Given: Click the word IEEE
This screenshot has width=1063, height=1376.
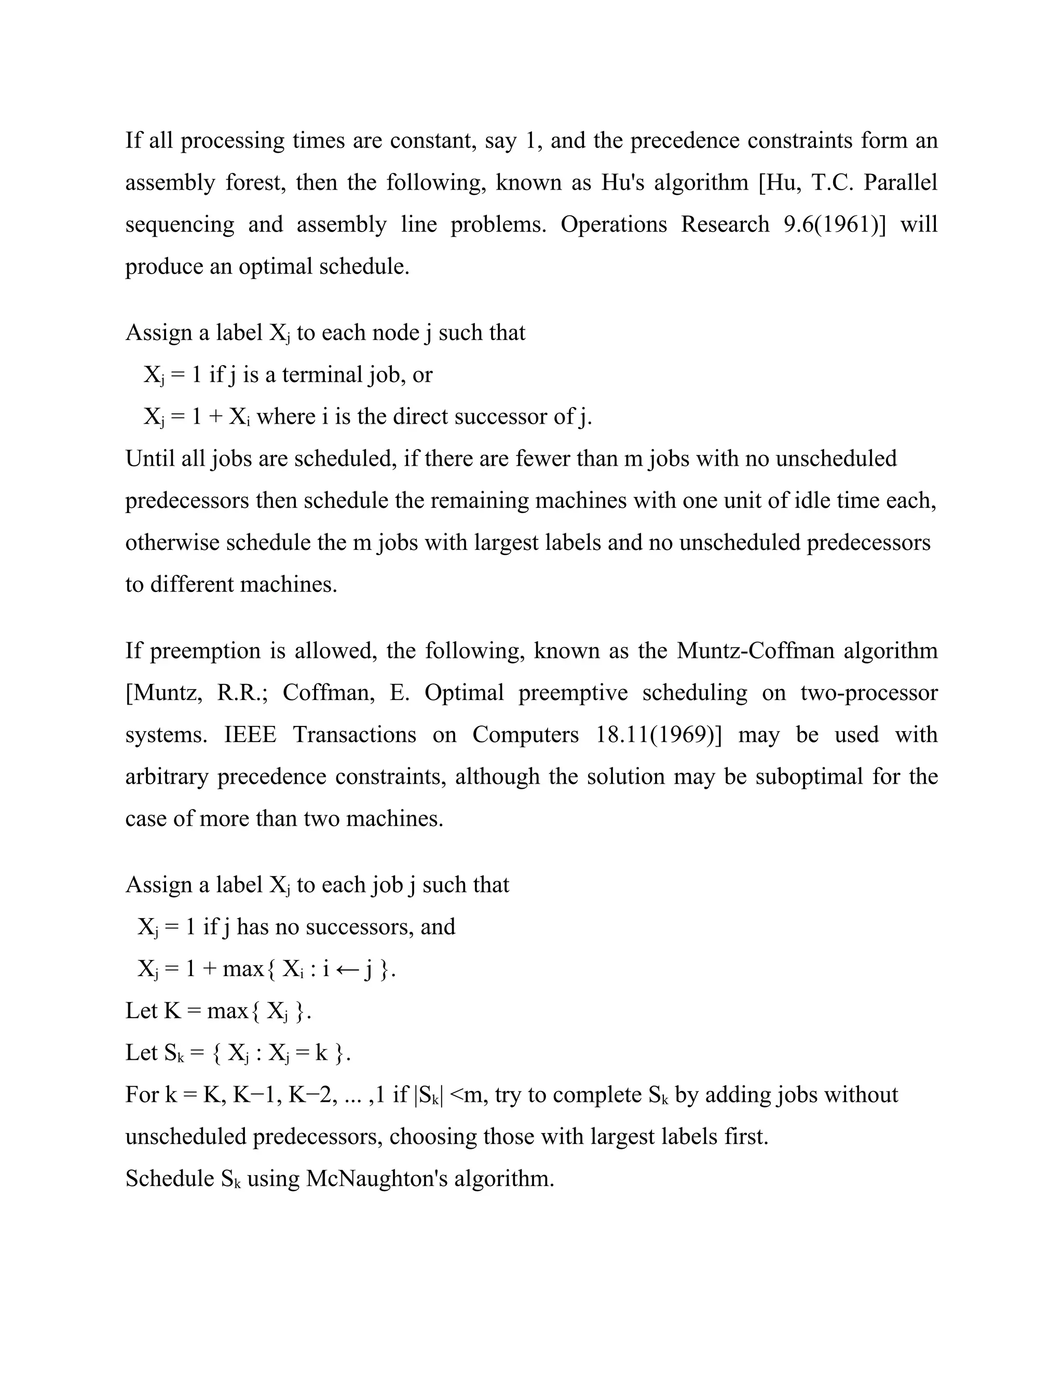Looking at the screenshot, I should (250, 735).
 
